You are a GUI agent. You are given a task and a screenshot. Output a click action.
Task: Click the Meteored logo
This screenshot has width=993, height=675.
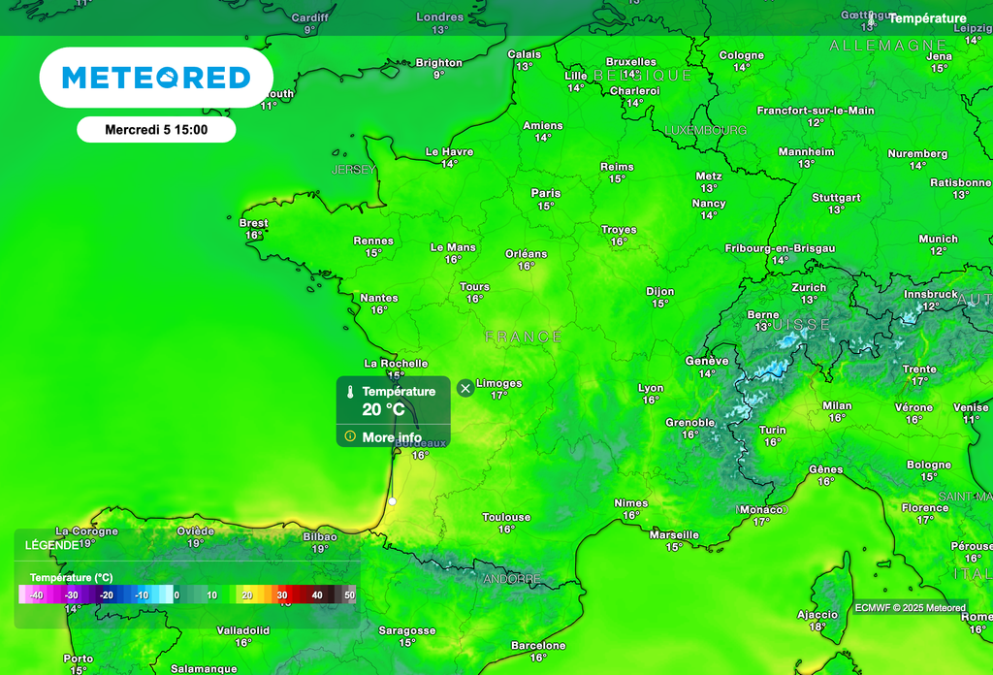point(156,78)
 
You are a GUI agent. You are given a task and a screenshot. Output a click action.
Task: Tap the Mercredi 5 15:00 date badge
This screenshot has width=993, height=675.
point(156,129)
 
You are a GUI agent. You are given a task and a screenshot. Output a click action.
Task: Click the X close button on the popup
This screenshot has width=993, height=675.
point(465,388)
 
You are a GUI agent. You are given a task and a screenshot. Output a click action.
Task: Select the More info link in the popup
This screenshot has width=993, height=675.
point(391,437)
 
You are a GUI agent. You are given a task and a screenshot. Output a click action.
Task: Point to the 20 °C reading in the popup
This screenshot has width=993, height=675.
point(383,409)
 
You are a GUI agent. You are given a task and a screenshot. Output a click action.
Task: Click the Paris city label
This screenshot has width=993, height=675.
point(546,193)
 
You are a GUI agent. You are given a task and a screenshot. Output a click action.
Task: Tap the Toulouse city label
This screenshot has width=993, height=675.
point(506,517)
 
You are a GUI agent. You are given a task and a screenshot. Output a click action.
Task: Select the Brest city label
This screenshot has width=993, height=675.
point(253,223)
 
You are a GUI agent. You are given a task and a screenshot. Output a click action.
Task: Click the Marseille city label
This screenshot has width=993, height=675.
point(674,534)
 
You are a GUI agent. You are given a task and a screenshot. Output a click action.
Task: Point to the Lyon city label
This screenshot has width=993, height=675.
point(651,388)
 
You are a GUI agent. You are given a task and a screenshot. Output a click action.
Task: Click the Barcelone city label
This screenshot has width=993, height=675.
point(538,645)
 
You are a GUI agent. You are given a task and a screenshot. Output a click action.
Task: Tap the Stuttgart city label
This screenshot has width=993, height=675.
point(836,197)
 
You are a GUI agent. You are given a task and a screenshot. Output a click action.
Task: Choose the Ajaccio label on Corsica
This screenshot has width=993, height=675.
point(817,614)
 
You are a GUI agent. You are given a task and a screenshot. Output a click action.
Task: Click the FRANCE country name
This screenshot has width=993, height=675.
point(524,337)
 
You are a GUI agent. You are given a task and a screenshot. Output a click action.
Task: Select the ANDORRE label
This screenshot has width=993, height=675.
point(511,579)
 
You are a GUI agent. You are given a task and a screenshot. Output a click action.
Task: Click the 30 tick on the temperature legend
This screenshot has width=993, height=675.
point(282,595)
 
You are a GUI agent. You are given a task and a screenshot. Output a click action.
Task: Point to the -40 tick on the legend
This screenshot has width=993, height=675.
point(36,595)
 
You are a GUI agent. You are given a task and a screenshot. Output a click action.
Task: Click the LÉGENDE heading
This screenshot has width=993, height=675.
point(52,545)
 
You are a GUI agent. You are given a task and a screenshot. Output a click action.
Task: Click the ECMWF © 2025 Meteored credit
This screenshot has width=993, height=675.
point(910,608)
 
